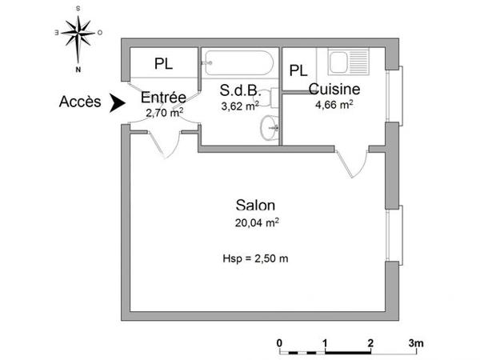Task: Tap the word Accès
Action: pos(79,102)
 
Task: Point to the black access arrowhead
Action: pos(117,102)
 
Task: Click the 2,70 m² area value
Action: pos(165,112)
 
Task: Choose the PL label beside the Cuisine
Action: pos(298,70)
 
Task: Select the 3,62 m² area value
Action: pos(240,105)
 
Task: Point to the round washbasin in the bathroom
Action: pos(269,126)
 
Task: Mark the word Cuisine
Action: pos(334,89)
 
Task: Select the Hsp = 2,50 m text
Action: pos(255,258)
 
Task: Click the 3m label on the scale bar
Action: pos(416,342)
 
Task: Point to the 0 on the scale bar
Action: pos(279,342)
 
